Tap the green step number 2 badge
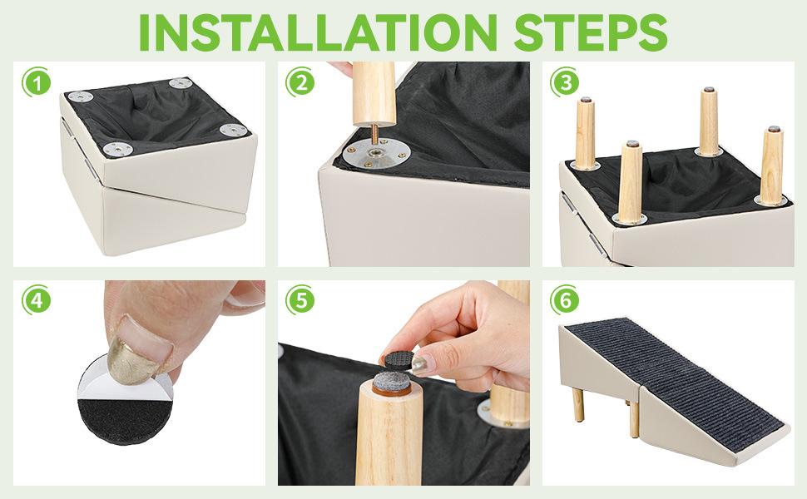(x=300, y=83)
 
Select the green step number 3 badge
(x=567, y=83)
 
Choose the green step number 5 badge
(x=300, y=302)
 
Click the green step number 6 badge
(x=567, y=302)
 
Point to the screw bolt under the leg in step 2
(x=374, y=134)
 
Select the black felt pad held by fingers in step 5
(x=399, y=358)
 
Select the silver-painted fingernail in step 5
(x=421, y=363)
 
